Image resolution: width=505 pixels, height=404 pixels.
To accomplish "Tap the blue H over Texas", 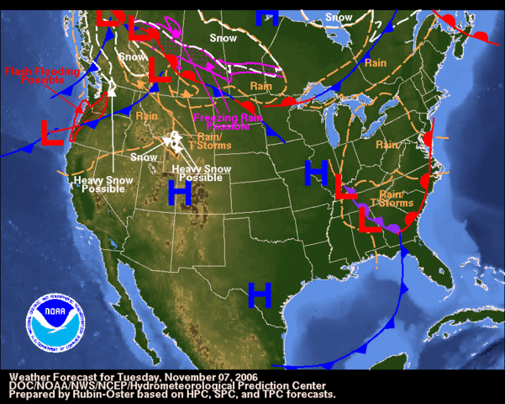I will click(260, 295).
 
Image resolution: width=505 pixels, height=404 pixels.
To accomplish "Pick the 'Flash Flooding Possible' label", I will click(42, 77).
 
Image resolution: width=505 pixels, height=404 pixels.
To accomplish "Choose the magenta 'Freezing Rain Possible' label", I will click(222, 122).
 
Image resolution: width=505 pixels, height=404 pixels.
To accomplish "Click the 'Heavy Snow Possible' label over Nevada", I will click(98, 184).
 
